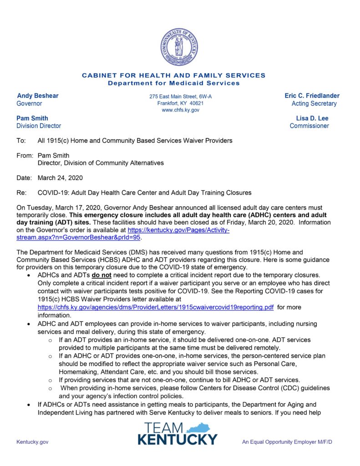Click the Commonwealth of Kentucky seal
point(179,47)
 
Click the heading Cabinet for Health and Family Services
point(173,76)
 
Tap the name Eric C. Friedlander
point(312,96)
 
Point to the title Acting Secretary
point(314,104)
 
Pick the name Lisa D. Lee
point(312,118)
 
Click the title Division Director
point(39,126)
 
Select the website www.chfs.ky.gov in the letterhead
point(180,110)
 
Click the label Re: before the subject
point(21,192)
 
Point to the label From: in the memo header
point(25,155)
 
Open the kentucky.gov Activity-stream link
point(178,230)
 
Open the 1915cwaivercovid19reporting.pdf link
point(156,307)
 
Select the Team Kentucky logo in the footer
point(178,433)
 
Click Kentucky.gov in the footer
point(32,442)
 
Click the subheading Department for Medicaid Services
point(173,83)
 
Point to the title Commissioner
point(309,126)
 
